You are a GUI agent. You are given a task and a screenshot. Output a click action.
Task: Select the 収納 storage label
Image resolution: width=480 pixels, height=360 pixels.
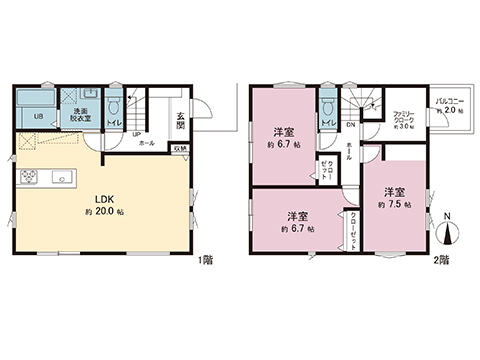pyautogui.click(x=180, y=148)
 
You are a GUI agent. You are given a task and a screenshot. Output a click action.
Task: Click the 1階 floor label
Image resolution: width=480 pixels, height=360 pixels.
pyautogui.click(x=205, y=260)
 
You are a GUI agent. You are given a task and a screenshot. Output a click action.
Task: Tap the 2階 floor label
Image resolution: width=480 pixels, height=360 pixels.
pyautogui.click(x=441, y=260)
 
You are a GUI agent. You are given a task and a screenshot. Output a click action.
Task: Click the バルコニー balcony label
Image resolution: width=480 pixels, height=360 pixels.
pyautogui.click(x=447, y=102)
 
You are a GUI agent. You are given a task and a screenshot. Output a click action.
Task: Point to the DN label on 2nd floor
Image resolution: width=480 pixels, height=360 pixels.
pyautogui.click(x=351, y=125)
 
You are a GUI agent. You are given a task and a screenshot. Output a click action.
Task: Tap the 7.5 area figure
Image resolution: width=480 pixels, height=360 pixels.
pyautogui.click(x=394, y=204)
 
